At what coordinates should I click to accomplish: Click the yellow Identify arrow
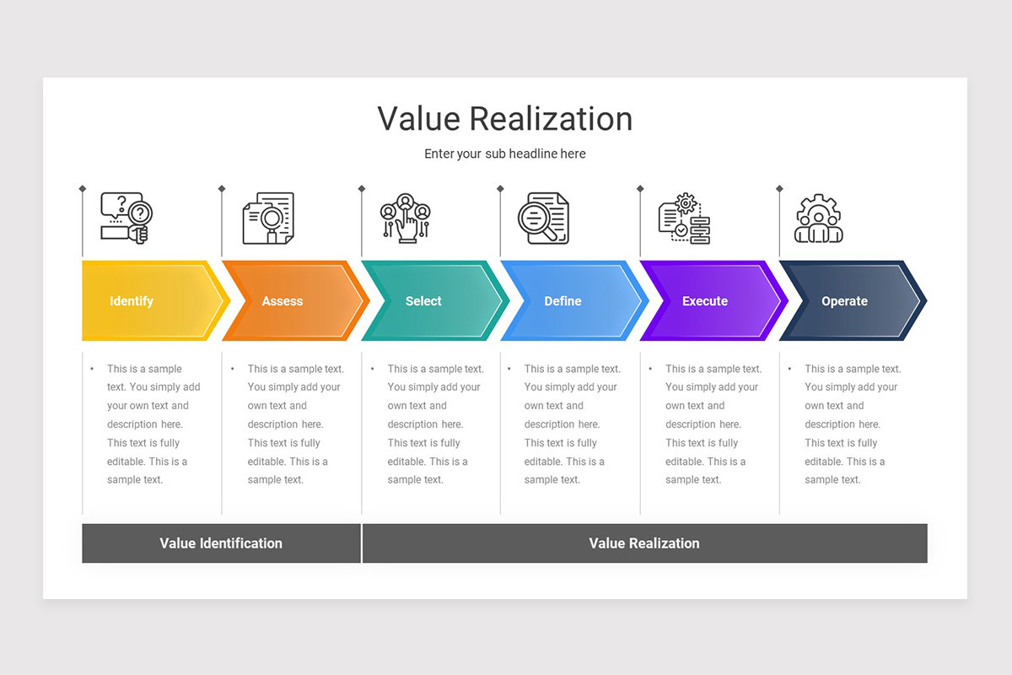point(143,301)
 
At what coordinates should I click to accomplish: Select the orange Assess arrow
point(287,301)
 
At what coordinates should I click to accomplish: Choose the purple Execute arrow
point(707,301)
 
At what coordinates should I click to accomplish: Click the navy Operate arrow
point(846,301)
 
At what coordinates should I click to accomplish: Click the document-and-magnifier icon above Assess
point(268,219)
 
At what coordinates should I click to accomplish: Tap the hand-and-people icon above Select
point(406,219)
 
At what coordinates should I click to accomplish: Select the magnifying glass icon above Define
point(543,219)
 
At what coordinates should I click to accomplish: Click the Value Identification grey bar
point(221,543)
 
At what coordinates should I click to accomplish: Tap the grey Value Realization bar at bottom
point(644,543)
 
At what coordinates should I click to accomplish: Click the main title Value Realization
point(504,119)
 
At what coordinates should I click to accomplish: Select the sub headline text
point(504,154)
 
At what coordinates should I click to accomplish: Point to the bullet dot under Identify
point(92,369)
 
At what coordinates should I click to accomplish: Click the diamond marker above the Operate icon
point(779,188)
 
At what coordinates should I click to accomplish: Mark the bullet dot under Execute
point(650,369)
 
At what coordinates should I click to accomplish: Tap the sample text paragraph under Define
point(572,424)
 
